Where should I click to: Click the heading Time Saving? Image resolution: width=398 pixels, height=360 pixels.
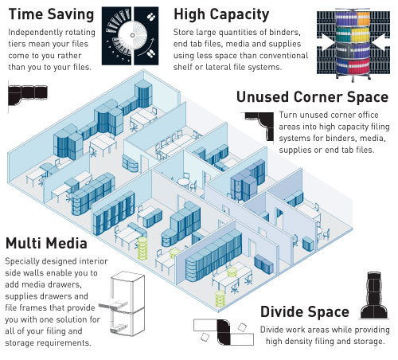pos(51,14)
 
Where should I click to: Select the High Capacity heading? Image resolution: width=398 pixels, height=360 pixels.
pos(221,14)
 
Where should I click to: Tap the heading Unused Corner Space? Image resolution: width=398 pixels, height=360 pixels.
pos(312,97)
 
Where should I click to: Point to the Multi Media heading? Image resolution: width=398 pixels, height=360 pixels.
pos(46,243)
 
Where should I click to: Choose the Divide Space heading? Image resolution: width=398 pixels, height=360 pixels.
pos(305,312)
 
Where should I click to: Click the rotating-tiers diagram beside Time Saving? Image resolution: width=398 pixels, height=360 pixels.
pos(131,36)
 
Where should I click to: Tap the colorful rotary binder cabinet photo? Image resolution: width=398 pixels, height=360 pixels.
pos(353,44)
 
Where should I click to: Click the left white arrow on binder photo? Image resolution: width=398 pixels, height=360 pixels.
pos(327,41)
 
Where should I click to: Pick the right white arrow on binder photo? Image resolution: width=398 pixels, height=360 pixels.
pos(379,41)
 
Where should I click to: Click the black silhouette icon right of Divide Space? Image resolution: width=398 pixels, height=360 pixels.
pos(374,295)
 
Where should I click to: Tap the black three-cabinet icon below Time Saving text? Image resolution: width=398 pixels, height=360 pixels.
pos(28,95)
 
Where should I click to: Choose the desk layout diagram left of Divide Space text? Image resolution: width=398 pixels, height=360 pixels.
pos(224,332)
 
